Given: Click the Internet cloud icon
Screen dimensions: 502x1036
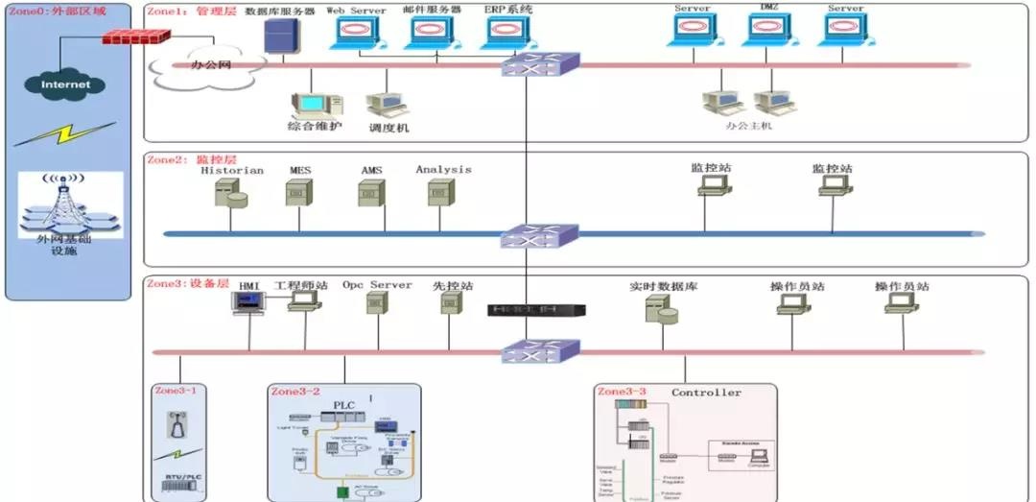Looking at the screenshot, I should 66,84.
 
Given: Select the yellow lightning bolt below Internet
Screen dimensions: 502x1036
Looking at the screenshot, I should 65,133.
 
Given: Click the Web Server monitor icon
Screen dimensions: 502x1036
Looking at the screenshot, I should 357,34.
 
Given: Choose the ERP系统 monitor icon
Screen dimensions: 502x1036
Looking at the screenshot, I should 508,34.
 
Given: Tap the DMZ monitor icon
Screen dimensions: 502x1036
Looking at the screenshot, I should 769,32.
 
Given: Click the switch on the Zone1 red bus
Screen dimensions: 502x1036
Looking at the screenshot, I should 540,65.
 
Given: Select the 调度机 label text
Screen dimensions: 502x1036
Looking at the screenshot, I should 388,127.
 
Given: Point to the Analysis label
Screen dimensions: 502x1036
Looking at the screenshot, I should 443,170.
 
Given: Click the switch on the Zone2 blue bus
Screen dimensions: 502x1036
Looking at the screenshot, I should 540,234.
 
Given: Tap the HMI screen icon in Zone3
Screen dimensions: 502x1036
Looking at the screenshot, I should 248,302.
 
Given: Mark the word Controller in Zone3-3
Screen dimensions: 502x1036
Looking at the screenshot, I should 706,393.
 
